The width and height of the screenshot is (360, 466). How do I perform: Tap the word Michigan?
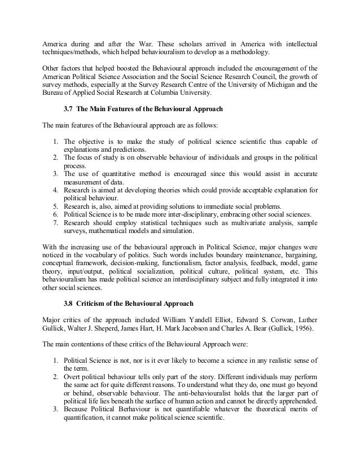pos(292,84)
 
